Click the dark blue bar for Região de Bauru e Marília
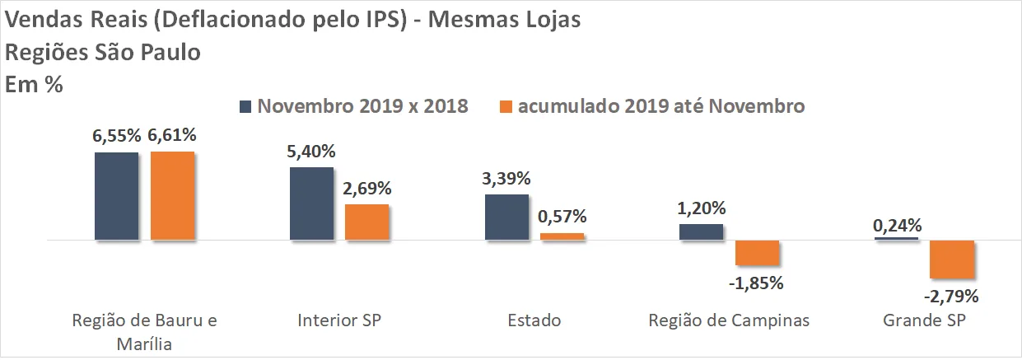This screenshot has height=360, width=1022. (116, 196)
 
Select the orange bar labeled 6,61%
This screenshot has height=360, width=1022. (172, 195)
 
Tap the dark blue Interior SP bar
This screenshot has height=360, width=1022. (311, 203)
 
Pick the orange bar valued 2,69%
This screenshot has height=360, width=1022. (366, 222)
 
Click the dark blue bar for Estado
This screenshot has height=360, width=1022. (507, 217)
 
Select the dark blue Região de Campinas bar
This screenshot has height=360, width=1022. (702, 231)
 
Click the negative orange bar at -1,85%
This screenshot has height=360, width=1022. (758, 252)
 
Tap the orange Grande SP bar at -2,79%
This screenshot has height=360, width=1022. (952, 259)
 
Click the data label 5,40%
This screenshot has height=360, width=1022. (311, 152)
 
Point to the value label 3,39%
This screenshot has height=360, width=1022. (506, 179)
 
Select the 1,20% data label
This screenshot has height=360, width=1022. (702, 208)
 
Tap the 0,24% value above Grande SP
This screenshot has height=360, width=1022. (897, 226)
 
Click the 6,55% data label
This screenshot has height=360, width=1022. (116, 135)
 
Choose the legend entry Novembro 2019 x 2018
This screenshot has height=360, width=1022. (354, 105)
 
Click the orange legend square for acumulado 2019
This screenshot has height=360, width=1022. (506, 107)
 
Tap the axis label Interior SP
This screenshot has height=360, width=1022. (339, 320)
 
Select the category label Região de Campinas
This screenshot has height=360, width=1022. (729, 320)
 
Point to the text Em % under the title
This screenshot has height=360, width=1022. (34, 84)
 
